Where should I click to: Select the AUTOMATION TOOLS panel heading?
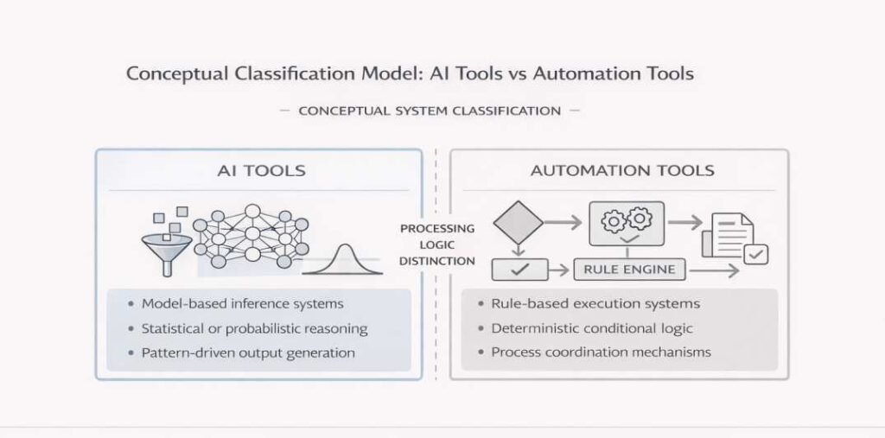622,170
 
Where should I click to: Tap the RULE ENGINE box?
630,270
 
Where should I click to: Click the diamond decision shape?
518,223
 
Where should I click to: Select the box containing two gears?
626,223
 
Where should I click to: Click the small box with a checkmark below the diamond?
519,270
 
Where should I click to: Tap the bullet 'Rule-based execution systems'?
595,304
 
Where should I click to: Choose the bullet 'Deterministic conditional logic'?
592,328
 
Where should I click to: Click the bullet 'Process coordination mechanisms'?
601,352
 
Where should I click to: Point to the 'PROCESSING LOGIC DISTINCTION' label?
436,244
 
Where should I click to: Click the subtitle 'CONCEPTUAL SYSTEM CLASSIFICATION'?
430,111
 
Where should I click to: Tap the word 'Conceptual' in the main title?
178,73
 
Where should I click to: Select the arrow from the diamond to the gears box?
565,224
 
